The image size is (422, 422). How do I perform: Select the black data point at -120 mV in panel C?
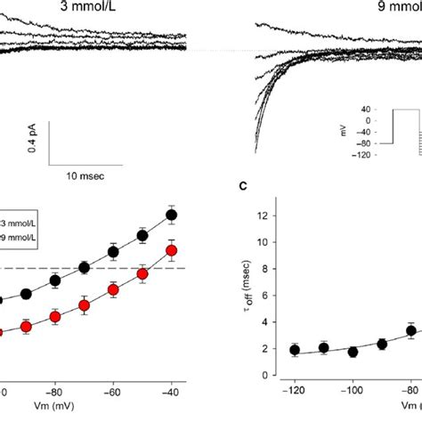tap(295, 350)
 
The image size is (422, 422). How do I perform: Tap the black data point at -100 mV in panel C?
tap(353, 352)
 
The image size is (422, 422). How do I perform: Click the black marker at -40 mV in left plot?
tap(173, 215)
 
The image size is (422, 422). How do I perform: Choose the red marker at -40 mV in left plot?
tap(173, 251)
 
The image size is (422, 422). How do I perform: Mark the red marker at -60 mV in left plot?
tap(113, 289)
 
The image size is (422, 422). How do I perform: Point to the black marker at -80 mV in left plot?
tap(54, 280)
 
